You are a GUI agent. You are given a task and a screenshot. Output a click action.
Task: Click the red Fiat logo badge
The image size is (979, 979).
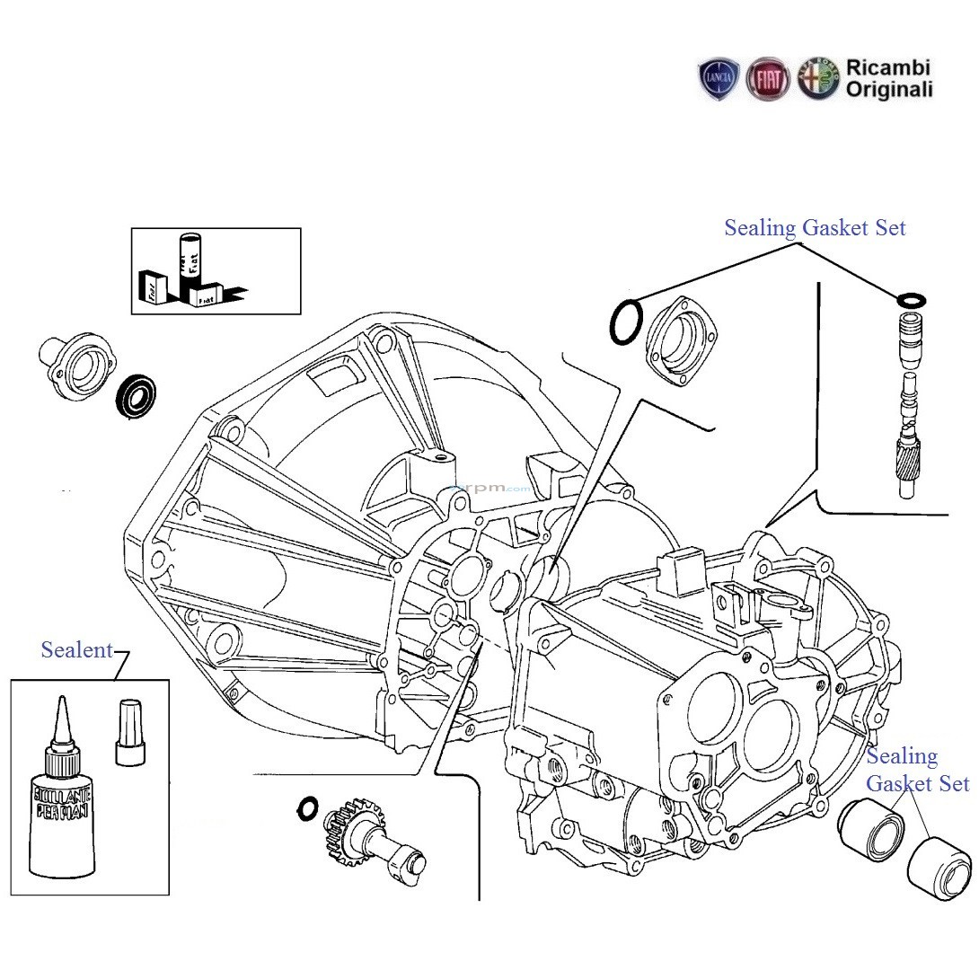(768, 79)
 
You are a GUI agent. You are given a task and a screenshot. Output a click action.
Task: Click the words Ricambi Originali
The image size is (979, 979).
(888, 79)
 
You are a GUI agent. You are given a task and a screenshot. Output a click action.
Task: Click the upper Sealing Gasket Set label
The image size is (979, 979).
(815, 228)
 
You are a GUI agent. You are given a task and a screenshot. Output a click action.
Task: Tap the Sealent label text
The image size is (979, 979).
(77, 650)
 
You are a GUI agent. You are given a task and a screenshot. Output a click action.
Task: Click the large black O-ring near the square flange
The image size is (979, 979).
(626, 322)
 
